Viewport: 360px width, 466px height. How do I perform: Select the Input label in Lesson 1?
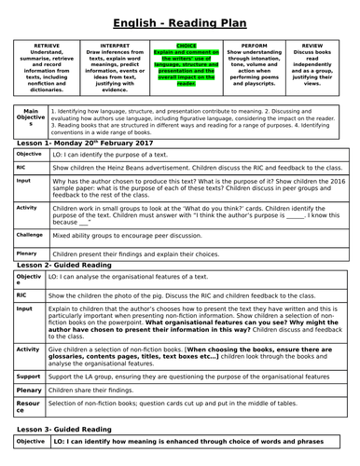[x=24, y=181]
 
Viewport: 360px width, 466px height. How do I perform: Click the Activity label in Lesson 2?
[x=28, y=349]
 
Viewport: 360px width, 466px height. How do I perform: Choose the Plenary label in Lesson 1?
[x=29, y=253]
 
